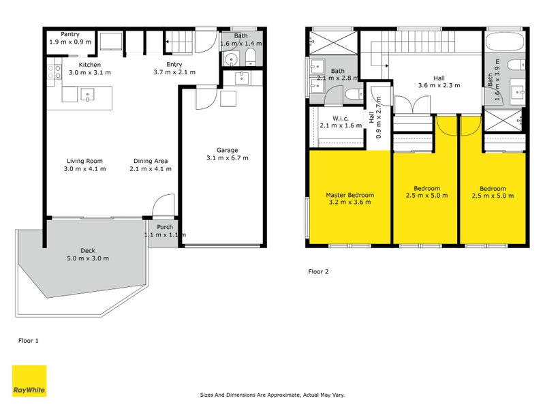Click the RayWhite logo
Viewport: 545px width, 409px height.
click(29, 381)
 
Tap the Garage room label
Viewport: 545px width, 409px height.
click(227, 150)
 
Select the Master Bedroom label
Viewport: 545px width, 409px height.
click(349, 195)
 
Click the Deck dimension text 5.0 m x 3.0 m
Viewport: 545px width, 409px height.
click(88, 258)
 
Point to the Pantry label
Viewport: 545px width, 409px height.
click(71, 34)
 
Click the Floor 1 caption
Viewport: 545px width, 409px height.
click(28, 339)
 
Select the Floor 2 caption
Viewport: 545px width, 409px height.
click(318, 271)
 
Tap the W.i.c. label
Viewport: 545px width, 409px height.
click(333, 117)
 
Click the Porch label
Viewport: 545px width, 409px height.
click(164, 227)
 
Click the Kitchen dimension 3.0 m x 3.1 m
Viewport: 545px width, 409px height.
click(89, 72)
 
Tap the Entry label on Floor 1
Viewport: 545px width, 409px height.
click(174, 64)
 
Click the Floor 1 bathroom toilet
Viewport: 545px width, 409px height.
click(250, 56)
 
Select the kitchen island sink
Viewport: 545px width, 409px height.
click(87, 95)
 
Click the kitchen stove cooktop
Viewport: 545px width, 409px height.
click(53, 70)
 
